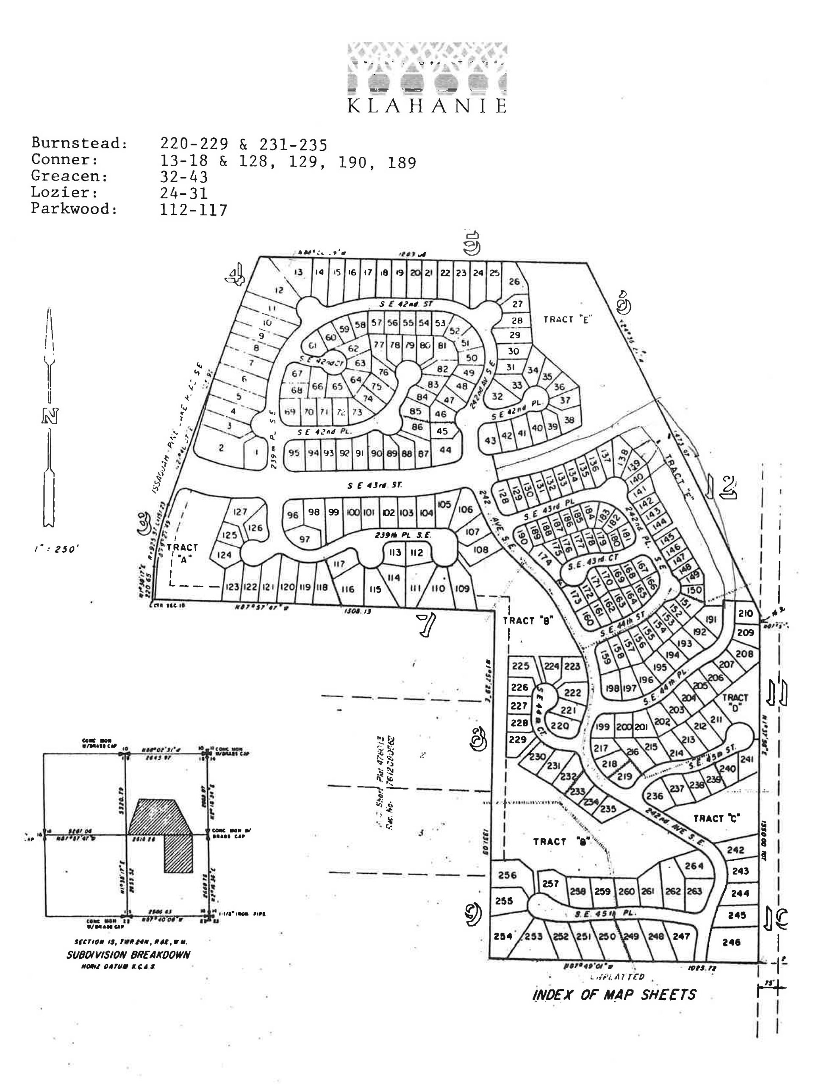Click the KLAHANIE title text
[x=426, y=106]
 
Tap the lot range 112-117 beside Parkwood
[x=193, y=210]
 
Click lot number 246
[x=731, y=942]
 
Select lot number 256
[x=507, y=875]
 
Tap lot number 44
[x=445, y=450]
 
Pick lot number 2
[x=221, y=448]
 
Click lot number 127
[x=240, y=512]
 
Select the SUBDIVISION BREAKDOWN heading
[x=128, y=954]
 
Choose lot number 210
[x=745, y=614]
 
